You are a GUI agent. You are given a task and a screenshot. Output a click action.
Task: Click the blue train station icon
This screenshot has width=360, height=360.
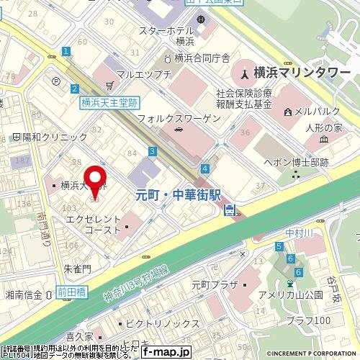pyautogui.click(x=230, y=210)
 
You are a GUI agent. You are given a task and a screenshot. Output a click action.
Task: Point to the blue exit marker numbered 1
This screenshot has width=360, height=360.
pyautogui.click(x=65, y=51)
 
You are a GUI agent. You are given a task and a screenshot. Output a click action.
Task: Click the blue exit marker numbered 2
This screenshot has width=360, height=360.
pyautogui.click(x=74, y=88)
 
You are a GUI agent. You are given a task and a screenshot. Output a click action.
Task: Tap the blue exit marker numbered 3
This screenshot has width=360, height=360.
pyautogui.click(x=153, y=151)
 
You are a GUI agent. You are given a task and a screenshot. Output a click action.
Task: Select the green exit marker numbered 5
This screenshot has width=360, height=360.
pyautogui.click(x=278, y=247)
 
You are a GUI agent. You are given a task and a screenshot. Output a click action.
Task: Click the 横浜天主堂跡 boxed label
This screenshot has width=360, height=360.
pyautogui.click(x=108, y=103)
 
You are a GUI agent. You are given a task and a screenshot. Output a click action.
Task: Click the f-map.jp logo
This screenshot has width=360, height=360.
pyautogui.click(x=165, y=353)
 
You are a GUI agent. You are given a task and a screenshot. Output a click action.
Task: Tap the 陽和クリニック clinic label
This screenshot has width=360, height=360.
pyautogui.click(x=44, y=136)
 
